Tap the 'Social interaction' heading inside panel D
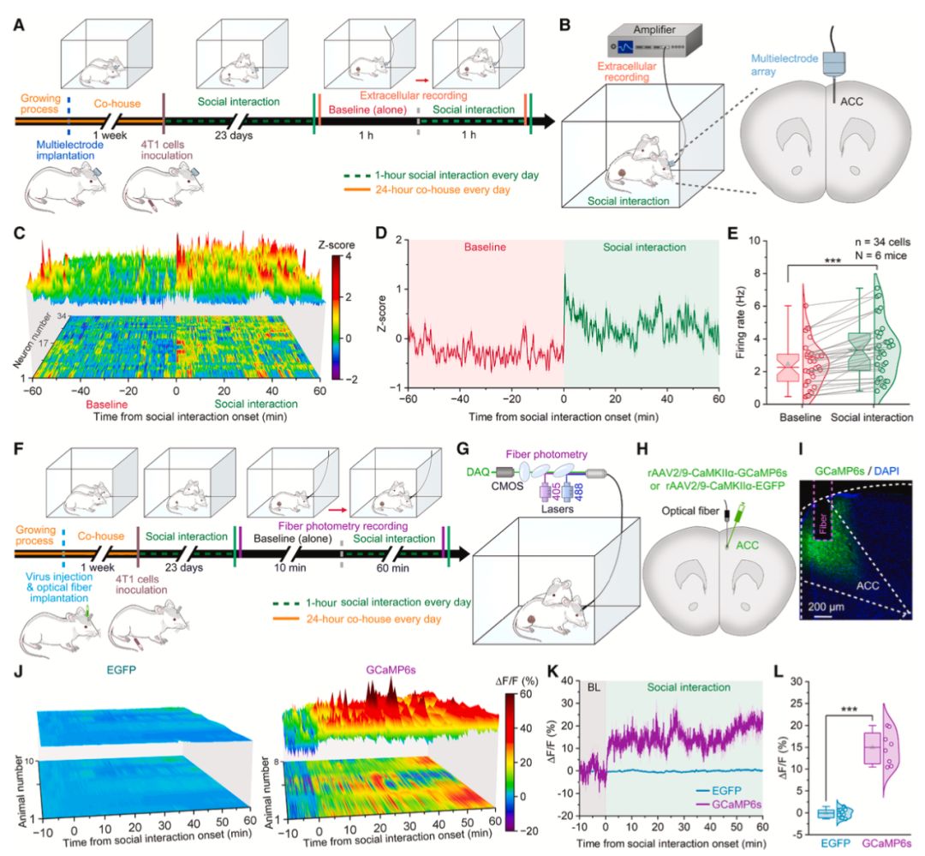click(642, 248)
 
